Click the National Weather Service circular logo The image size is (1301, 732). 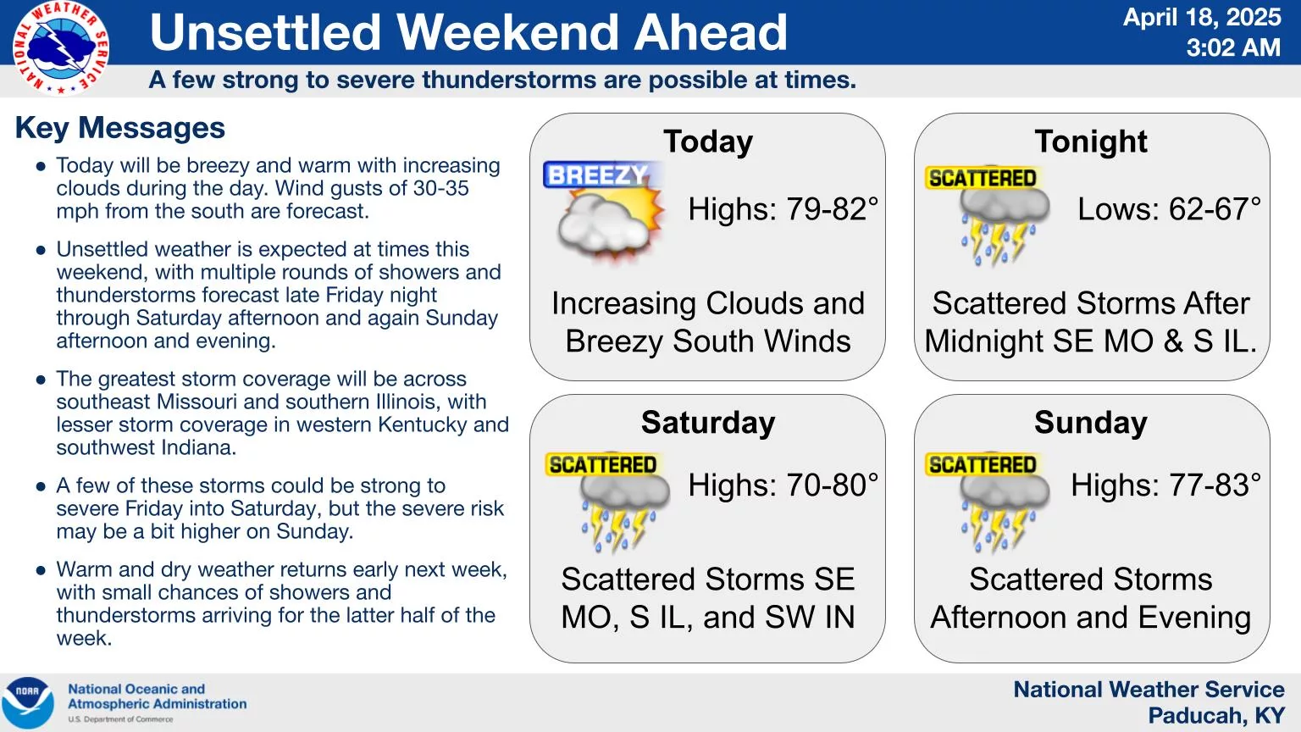[61, 47]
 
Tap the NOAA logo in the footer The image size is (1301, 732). [27, 703]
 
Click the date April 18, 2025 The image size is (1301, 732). [1202, 18]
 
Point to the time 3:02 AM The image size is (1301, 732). [1233, 47]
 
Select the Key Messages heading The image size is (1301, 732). [120, 128]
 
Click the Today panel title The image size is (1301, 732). [708, 141]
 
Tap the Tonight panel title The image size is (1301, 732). [1091, 141]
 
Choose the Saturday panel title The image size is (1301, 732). [708, 423]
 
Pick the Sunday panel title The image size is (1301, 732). [1091, 423]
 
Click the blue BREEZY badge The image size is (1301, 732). [598, 175]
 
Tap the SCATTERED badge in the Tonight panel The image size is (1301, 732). [983, 178]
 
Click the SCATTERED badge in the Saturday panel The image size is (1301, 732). [603, 465]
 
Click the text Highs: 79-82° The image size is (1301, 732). [783, 209]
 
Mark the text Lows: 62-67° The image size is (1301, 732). [1169, 209]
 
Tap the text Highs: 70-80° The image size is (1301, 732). [783, 485]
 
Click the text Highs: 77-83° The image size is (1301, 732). [1165, 485]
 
